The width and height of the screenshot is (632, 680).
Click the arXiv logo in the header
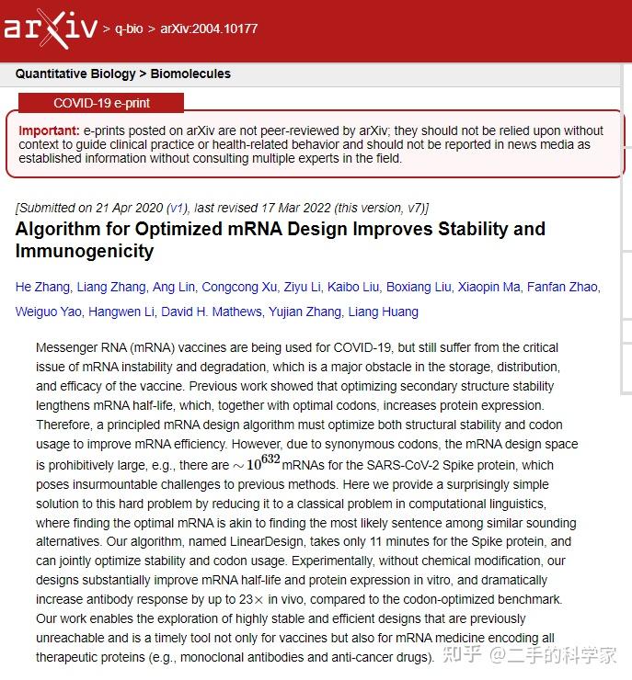click(x=50, y=28)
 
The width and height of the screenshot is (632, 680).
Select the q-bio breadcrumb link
click(x=129, y=28)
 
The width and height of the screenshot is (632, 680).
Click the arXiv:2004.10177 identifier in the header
click(x=209, y=28)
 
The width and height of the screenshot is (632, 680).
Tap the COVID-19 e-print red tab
click(x=101, y=103)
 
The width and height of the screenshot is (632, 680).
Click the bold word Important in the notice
click(x=49, y=131)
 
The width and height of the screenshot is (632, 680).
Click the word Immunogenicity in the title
click(x=85, y=251)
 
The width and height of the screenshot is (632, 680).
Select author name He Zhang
click(x=42, y=287)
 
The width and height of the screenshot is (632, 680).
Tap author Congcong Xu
click(x=239, y=287)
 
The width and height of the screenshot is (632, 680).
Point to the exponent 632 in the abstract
click(x=269, y=459)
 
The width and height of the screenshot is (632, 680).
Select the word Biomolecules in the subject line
click(x=190, y=74)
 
